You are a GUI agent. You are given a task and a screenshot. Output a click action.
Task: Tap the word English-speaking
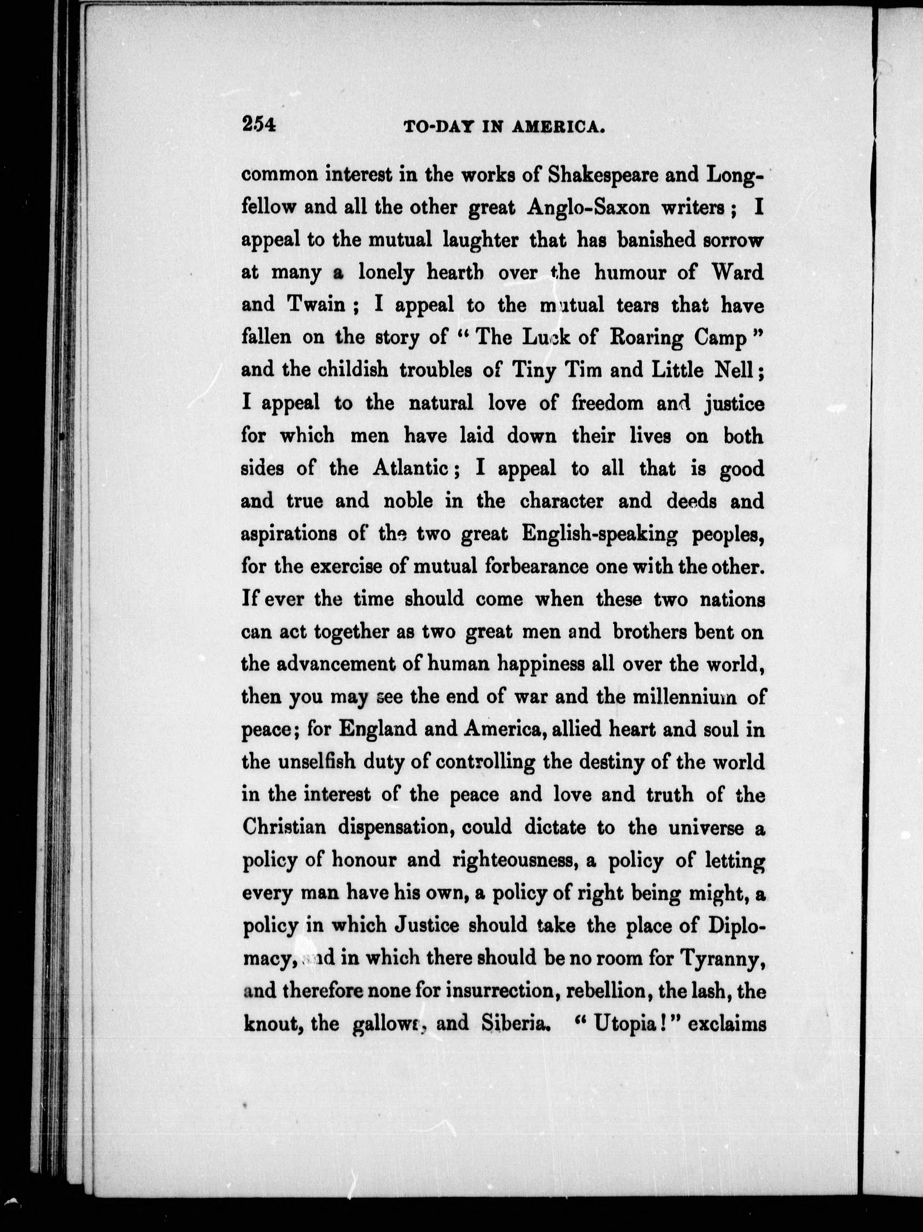[600, 534]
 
